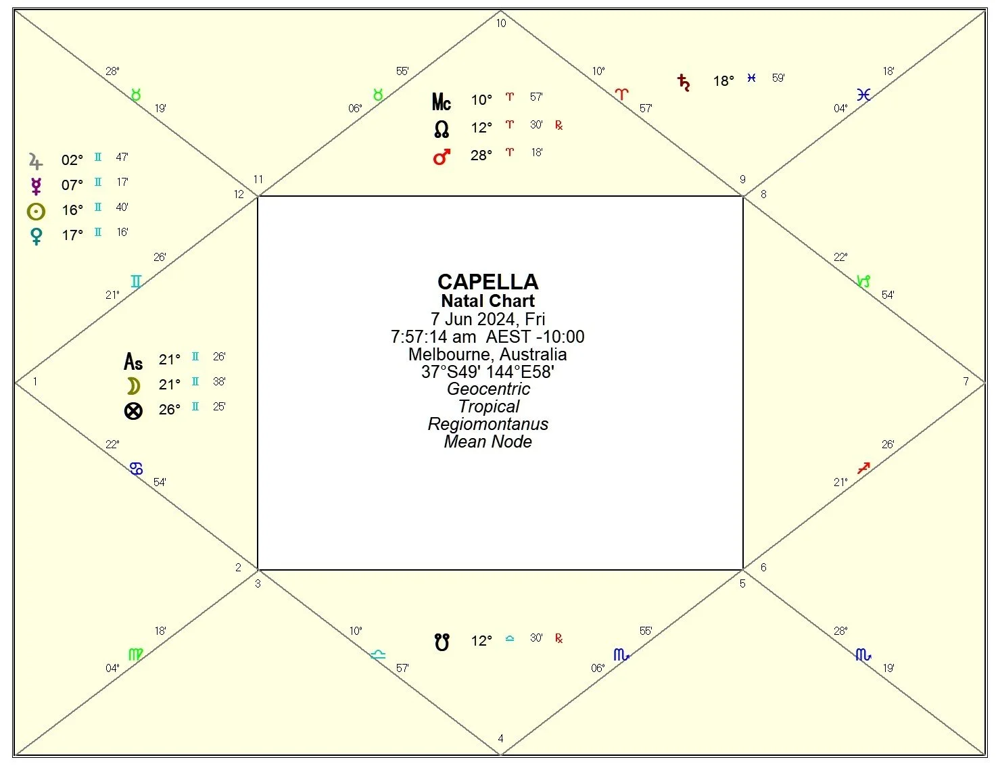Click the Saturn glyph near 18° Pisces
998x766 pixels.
tap(684, 82)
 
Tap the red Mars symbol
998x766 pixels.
tap(442, 157)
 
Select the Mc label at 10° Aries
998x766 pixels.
tap(441, 102)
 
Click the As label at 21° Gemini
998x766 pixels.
tap(133, 362)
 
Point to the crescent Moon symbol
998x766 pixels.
tap(134, 386)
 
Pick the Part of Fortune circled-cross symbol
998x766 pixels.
tap(134, 410)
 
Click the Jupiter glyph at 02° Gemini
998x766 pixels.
tap(36, 161)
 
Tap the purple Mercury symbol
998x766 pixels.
tap(36, 186)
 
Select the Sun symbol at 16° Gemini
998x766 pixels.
tap(36, 212)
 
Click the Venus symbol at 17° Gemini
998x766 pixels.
tap(36, 236)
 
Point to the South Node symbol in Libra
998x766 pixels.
tap(442, 641)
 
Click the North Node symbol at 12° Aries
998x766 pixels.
tap(442, 128)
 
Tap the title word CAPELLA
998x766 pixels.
tap(488, 281)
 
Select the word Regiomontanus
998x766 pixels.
tap(488, 424)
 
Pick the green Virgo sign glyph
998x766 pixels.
tap(136, 654)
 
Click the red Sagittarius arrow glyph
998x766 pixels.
tap(863, 468)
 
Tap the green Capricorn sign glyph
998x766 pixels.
tap(863, 281)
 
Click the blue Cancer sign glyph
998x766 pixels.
tap(136, 468)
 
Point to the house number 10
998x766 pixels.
tap(500, 23)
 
